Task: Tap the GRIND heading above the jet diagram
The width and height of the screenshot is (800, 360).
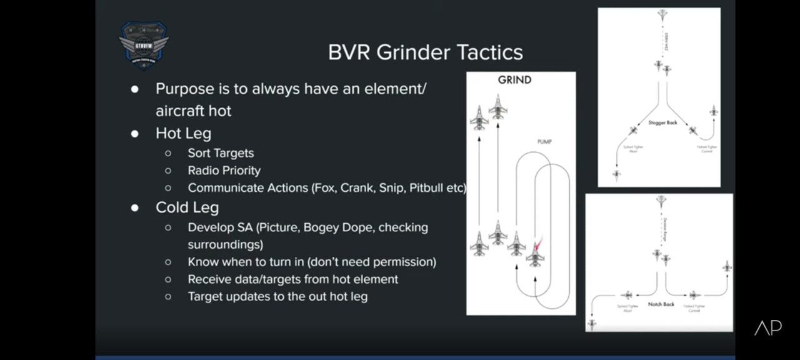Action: tap(514, 80)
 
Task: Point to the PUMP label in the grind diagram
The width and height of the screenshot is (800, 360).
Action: tap(544, 142)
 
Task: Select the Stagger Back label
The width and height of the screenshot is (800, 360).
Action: tap(662, 122)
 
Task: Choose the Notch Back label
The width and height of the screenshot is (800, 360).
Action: tap(661, 304)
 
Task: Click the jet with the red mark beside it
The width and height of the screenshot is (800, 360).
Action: tap(535, 253)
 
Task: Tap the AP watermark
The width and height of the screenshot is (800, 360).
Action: tap(767, 327)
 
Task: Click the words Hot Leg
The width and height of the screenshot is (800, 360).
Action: tap(183, 133)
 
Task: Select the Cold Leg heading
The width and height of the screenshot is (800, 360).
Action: tap(187, 207)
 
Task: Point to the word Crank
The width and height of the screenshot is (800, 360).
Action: tap(356, 187)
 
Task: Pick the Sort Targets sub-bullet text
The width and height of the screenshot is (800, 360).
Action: tap(221, 153)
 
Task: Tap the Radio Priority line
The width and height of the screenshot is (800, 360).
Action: tap(224, 170)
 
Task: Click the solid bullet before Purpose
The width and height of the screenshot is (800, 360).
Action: tap(134, 89)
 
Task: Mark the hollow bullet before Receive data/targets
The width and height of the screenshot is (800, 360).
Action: tap(168, 279)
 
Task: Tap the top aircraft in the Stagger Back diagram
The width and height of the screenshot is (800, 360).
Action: tap(662, 16)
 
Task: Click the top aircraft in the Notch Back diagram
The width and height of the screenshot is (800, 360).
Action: tap(661, 201)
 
